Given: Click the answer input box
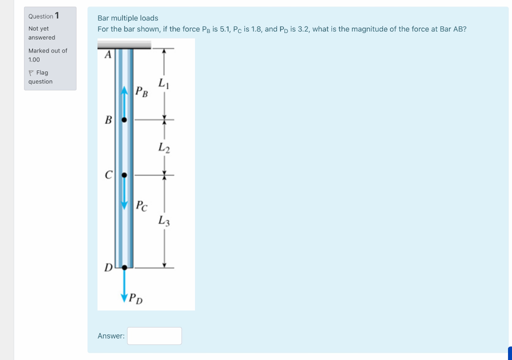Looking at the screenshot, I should point(154,336).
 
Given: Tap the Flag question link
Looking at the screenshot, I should point(40,77).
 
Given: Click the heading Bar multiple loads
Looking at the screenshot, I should point(128,18).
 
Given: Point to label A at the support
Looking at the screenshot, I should point(106,55).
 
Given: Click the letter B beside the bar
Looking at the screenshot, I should point(107,120).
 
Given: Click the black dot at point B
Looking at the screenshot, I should point(124,120).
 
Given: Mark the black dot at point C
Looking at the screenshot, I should point(124,175).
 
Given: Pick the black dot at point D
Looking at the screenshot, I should point(124,267).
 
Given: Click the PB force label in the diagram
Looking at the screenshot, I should point(141,92).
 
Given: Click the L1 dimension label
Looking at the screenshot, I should point(163,84).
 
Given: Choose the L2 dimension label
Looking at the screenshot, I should point(164,147).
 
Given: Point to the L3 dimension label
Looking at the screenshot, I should point(164,220).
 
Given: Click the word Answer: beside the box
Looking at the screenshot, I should point(111,336).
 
